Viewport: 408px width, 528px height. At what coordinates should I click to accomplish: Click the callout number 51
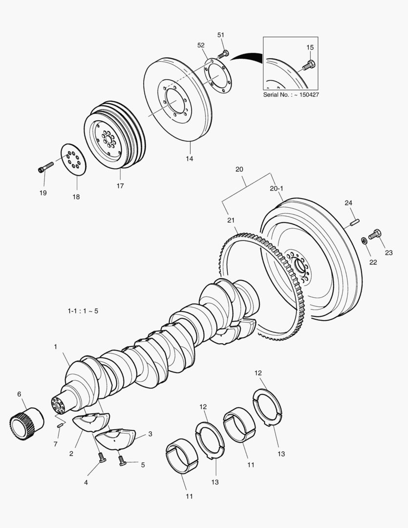click(220, 35)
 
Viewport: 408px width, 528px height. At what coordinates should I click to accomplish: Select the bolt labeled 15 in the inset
click(309, 64)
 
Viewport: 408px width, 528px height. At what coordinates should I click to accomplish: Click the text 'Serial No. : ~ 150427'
click(291, 94)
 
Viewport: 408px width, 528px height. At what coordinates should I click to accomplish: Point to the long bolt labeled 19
click(46, 167)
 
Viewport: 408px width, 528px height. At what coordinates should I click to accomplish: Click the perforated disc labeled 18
click(74, 159)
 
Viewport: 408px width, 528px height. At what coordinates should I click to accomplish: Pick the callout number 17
click(120, 186)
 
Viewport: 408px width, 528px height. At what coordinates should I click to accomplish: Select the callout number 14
click(189, 158)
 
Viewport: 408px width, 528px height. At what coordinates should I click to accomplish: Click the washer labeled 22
click(364, 241)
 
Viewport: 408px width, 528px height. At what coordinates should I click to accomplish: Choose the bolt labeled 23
click(375, 234)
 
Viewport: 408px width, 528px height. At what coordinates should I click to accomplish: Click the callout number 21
click(231, 220)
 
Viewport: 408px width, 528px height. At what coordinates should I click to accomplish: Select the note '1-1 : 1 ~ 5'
click(83, 311)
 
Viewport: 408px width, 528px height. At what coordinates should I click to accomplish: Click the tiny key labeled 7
click(60, 425)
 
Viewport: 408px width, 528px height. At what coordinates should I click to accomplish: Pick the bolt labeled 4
click(102, 458)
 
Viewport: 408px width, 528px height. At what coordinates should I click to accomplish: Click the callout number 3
click(150, 434)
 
